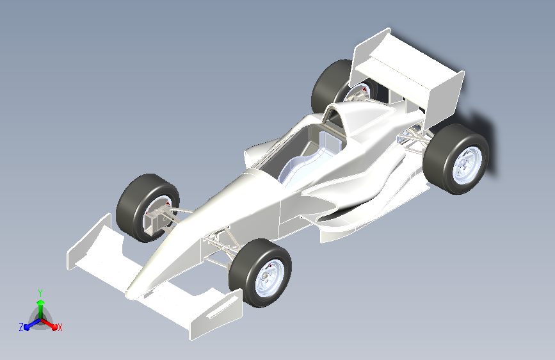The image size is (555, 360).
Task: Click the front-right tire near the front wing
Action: tap(260, 273)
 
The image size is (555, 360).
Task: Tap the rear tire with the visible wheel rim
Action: tap(456, 159)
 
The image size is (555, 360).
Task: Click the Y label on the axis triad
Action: tap(40, 293)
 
